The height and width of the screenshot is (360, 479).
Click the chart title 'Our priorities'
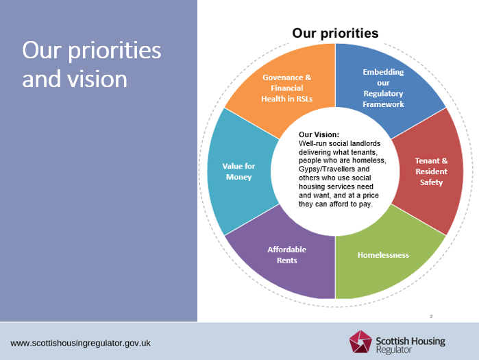click(335, 33)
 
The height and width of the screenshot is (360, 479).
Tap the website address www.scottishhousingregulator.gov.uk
click(81, 342)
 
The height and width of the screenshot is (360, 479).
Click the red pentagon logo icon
click(361, 342)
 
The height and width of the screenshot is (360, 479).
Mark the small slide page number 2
click(431, 316)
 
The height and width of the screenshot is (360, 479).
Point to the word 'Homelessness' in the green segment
click(383, 255)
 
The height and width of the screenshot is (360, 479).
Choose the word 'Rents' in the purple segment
click(286, 261)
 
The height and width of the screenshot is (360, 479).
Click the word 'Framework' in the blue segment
click(383, 104)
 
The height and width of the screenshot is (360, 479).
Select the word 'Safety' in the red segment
click(431, 182)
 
